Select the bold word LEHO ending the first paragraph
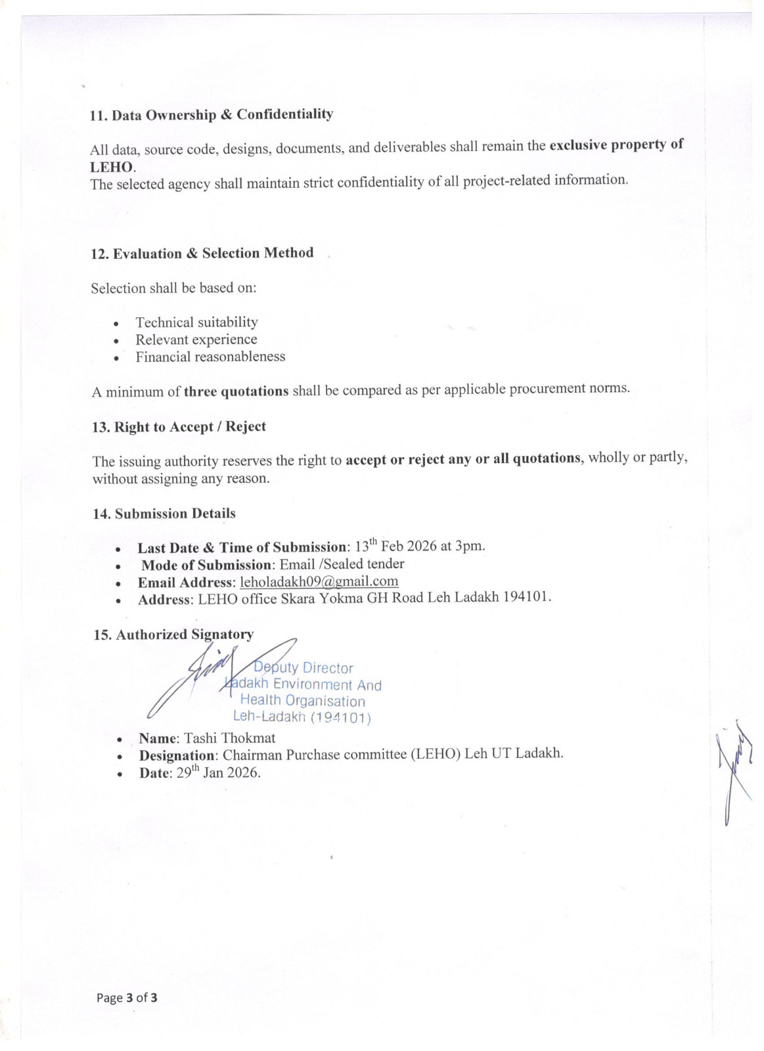tap(112, 167)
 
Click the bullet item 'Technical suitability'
tap(196, 323)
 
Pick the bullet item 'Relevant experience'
tap(196, 340)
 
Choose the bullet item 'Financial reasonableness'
tap(210, 357)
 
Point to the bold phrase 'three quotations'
tap(236, 391)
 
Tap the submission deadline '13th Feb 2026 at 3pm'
tap(420, 546)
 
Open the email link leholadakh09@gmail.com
tap(319, 581)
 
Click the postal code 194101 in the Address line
tap(526, 597)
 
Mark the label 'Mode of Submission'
tap(206, 565)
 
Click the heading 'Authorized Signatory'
tap(173, 635)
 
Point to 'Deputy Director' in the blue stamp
tap(303, 668)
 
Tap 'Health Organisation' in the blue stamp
tap(302, 701)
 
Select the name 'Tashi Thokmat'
tap(229, 738)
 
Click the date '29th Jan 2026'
tap(219, 772)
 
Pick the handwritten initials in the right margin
tap(736, 775)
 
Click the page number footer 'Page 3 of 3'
tap(127, 998)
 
